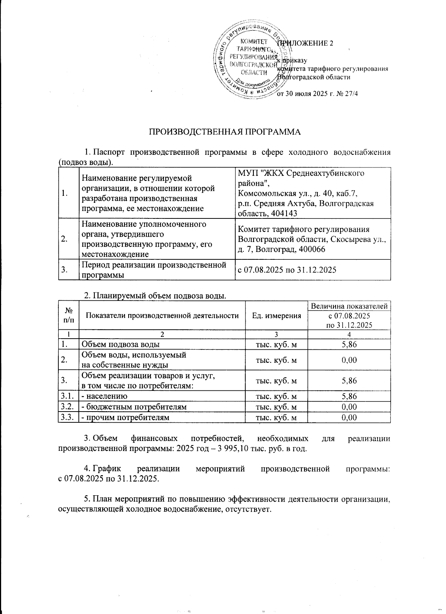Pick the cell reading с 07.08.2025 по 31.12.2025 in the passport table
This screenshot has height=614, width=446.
point(287,269)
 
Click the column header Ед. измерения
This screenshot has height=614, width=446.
point(277,316)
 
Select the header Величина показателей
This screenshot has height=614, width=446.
point(349,306)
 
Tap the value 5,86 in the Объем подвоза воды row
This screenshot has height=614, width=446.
point(349,345)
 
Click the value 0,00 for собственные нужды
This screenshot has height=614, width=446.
point(349,360)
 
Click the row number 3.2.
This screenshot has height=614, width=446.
point(68,407)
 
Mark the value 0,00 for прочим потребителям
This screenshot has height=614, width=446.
point(349,418)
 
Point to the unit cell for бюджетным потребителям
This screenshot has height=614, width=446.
point(277,407)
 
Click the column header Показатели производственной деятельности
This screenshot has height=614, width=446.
point(162,316)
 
